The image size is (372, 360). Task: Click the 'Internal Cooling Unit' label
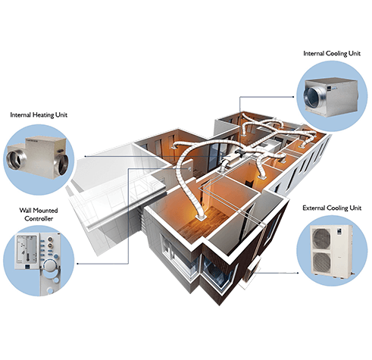pyautogui.click(x=332, y=53)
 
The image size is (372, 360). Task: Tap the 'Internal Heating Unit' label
pyautogui.click(x=39, y=115)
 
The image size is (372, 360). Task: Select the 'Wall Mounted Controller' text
pyautogui.click(x=39, y=214)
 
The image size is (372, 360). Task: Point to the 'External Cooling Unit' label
pyautogui.click(x=332, y=208)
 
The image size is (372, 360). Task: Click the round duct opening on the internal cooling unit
pyautogui.click(x=312, y=97)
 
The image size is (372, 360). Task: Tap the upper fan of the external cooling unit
pyautogui.click(x=321, y=238)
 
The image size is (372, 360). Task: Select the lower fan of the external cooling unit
pyautogui.click(x=321, y=261)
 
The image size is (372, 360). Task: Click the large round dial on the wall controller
pyautogui.click(x=50, y=266)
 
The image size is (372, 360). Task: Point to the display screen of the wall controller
pyautogui.click(x=27, y=249)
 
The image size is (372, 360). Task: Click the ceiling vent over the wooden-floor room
pyautogui.click(x=201, y=217)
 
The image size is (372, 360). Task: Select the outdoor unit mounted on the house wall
pyautogui.click(x=251, y=271)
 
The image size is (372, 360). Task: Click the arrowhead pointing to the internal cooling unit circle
pyautogui.click(x=293, y=96)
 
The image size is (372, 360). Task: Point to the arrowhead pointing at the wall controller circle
pyautogui.click(x=77, y=264)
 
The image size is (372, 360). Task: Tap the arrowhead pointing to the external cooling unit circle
pyautogui.click(x=298, y=273)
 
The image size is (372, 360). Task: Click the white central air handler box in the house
pyautogui.click(x=232, y=160)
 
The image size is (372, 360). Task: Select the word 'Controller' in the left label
pyautogui.click(x=39, y=218)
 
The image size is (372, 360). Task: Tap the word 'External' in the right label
pyautogui.click(x=314, y=208)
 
